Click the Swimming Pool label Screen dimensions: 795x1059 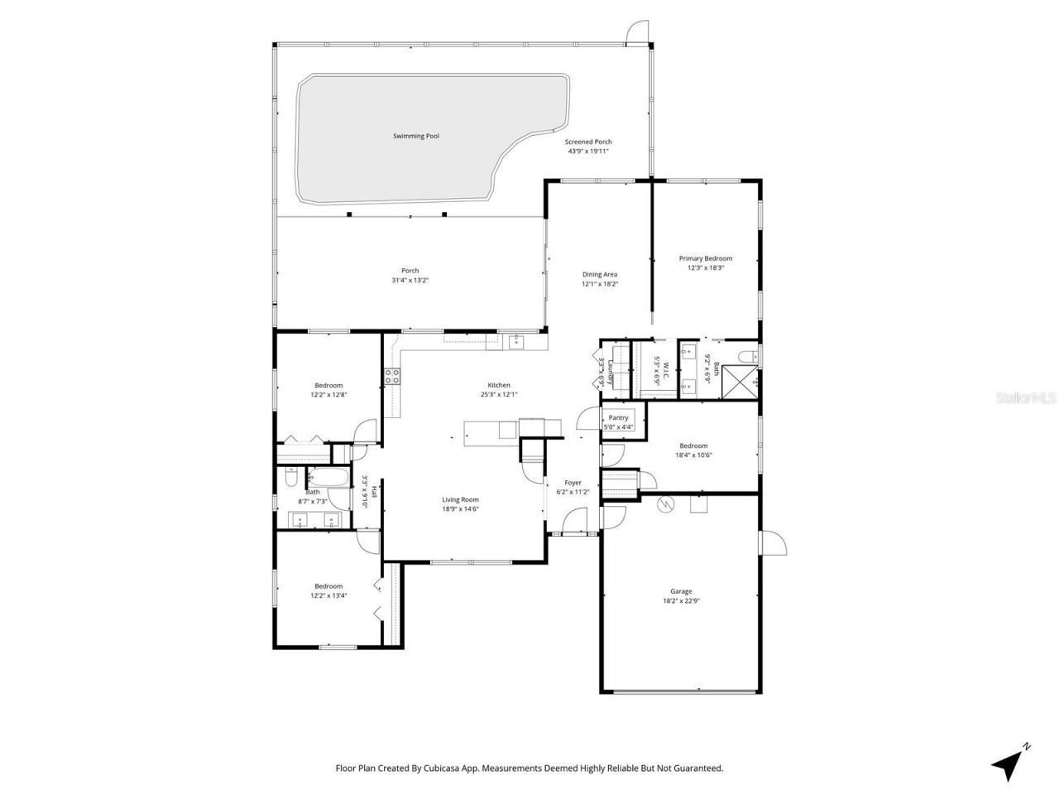pyautogui.click(x=415, y=136)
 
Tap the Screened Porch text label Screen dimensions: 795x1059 pyautogui.click(x=588, y=142)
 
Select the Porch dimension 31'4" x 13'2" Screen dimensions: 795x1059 pyautogui.click(x=410, y=281)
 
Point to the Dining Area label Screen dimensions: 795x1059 pyautogui.click(x=599, y=274)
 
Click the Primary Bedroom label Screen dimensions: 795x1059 pyautogui.click(x=706, y=258)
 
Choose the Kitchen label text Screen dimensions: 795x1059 pyautogui.click(x=498, y=385)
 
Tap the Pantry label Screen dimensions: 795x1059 pyautogui.click(x=619, y=418)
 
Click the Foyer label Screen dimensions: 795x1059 pyautogui.click(x=573, y=483)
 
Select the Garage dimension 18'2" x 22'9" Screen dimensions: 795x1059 pyautogui.click(x=681, y=601)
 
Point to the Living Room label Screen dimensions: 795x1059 pyautogui.click(x=460, y=499)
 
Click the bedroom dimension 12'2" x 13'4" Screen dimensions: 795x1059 pyautogui.click(x=328, y=595)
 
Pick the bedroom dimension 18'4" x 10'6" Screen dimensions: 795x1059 pyautogui.click(x=693, y=455)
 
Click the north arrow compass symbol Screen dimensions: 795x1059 pyautogui.click(x=1008, y=763)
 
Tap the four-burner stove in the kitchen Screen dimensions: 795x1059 pyautogui.click(x=392, y=376)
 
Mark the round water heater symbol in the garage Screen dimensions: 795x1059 pyautogui.click(x=663, y=504)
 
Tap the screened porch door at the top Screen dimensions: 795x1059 pyautogui.click(x=638, y=31)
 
